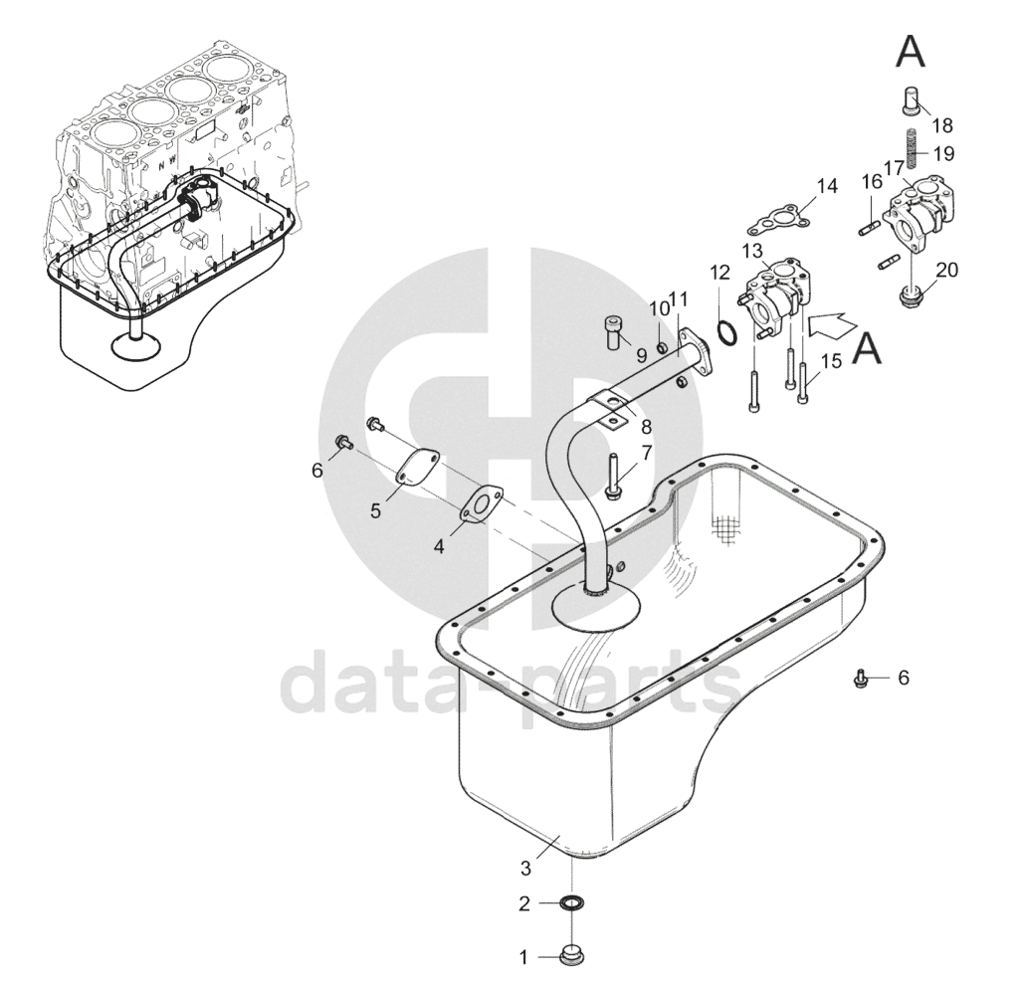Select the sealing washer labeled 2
(x=571, y=903)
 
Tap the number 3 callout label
(x=526, y=868)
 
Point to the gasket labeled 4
(x=482, y=503)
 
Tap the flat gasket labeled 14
(x=778, y=220)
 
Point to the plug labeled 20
(x=911, y=295)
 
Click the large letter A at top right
(x=911, y=52)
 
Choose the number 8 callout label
(x=646, y=428)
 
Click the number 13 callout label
(x=751, y=251)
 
